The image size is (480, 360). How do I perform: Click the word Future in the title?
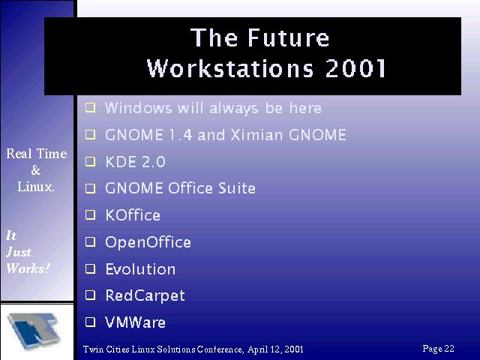288,37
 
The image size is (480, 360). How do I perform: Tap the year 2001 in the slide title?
355,68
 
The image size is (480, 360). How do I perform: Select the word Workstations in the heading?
230,68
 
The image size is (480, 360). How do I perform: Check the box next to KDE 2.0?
90,161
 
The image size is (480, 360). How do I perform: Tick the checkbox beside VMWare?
90,322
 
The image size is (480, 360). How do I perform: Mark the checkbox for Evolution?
90,268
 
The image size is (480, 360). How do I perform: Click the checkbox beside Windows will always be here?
90,108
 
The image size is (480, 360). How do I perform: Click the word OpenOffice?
148,242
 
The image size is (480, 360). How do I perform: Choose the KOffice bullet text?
133,215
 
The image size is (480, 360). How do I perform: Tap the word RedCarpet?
145,296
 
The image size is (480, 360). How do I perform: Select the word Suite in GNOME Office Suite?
237,188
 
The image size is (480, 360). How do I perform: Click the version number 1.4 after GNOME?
180,135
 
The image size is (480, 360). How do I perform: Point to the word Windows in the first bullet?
138,108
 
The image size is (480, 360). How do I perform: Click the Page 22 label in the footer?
438,349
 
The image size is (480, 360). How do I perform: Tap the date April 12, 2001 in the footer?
275,349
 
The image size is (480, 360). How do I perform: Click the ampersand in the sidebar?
36,170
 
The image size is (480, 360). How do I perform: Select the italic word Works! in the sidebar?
28,268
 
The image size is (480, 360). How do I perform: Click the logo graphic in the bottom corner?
34,331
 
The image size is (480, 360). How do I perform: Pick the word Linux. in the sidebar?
36,187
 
